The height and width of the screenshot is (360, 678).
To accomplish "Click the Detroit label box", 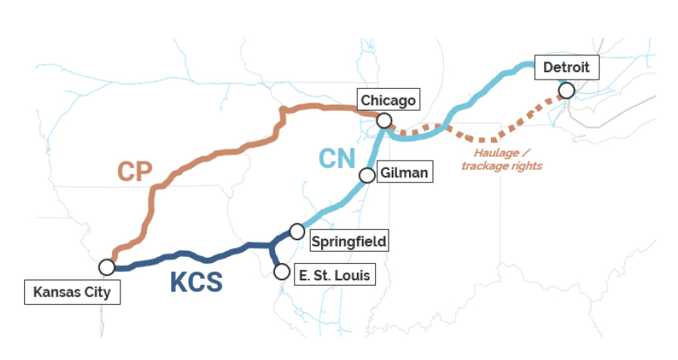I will [x=566, y=67].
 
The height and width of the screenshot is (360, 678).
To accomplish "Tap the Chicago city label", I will [x=388, y=100].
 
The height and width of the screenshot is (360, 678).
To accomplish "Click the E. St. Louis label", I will [x=334, y=274].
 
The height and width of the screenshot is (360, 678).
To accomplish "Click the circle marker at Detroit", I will [x=566, y=91].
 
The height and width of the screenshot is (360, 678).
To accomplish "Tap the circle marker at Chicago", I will [x=384, y=121].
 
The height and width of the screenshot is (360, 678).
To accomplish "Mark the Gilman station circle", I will [x=367, y=175].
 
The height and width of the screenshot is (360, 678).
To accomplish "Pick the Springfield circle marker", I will [x=297, y=230].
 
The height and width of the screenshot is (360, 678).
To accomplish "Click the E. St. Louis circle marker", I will [x=282, y=271].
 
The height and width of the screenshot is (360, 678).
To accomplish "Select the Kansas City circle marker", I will [x=107, y=267].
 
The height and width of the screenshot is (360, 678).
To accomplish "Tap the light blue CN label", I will [x=337, y=158].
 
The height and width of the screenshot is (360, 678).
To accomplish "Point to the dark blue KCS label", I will [x=195, y=282].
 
